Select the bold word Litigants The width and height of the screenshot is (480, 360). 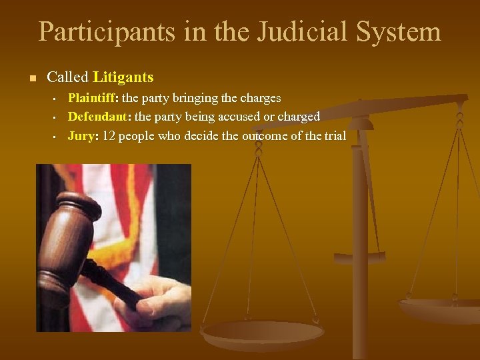click(x=123, y=77)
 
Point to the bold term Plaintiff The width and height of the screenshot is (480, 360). click(x=92, y=98)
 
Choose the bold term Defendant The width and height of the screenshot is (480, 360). click(x=97, y=117)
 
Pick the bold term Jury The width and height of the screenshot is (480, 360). click(x=82, y=136)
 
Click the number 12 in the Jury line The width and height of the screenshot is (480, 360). click(x=109, y=136)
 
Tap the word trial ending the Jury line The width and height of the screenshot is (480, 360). click(x=335, y=136)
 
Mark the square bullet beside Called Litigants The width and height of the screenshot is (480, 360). click(x=31, y=78)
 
